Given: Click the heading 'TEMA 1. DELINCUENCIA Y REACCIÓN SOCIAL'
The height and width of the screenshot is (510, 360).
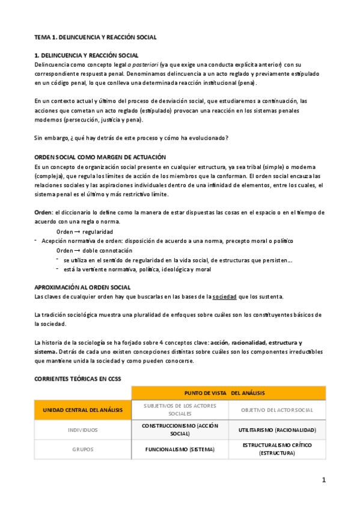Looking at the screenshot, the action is coord(95,37).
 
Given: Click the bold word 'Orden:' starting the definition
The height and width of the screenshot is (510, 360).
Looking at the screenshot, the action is coord(44,212).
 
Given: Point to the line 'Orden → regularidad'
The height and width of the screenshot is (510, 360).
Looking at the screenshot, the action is coord(84,232).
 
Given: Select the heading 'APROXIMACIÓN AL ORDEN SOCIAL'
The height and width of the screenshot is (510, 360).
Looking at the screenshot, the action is coord(82,287).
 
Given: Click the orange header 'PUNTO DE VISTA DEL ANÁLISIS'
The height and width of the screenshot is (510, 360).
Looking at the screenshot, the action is coord(228,393).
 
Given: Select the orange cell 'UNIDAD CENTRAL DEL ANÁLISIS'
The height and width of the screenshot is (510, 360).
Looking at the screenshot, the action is coord(83,410).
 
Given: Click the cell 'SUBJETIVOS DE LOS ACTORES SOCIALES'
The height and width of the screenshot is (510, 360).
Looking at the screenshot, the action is coord(180,410).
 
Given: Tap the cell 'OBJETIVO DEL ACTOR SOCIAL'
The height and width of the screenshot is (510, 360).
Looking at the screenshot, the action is coord(277,410).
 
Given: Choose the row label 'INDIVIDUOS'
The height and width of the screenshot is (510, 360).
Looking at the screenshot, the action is coord(83,430).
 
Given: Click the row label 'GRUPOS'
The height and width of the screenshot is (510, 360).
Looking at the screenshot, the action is coord(83,449).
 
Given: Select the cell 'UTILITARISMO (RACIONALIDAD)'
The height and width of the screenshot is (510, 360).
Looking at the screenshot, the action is coord(277,430).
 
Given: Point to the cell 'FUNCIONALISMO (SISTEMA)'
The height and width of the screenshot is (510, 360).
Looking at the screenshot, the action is coord(180,449).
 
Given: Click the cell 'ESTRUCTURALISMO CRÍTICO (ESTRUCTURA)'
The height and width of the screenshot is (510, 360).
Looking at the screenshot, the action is coord(277,449).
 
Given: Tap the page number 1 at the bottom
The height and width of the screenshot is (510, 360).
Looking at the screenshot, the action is coord(323,480).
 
